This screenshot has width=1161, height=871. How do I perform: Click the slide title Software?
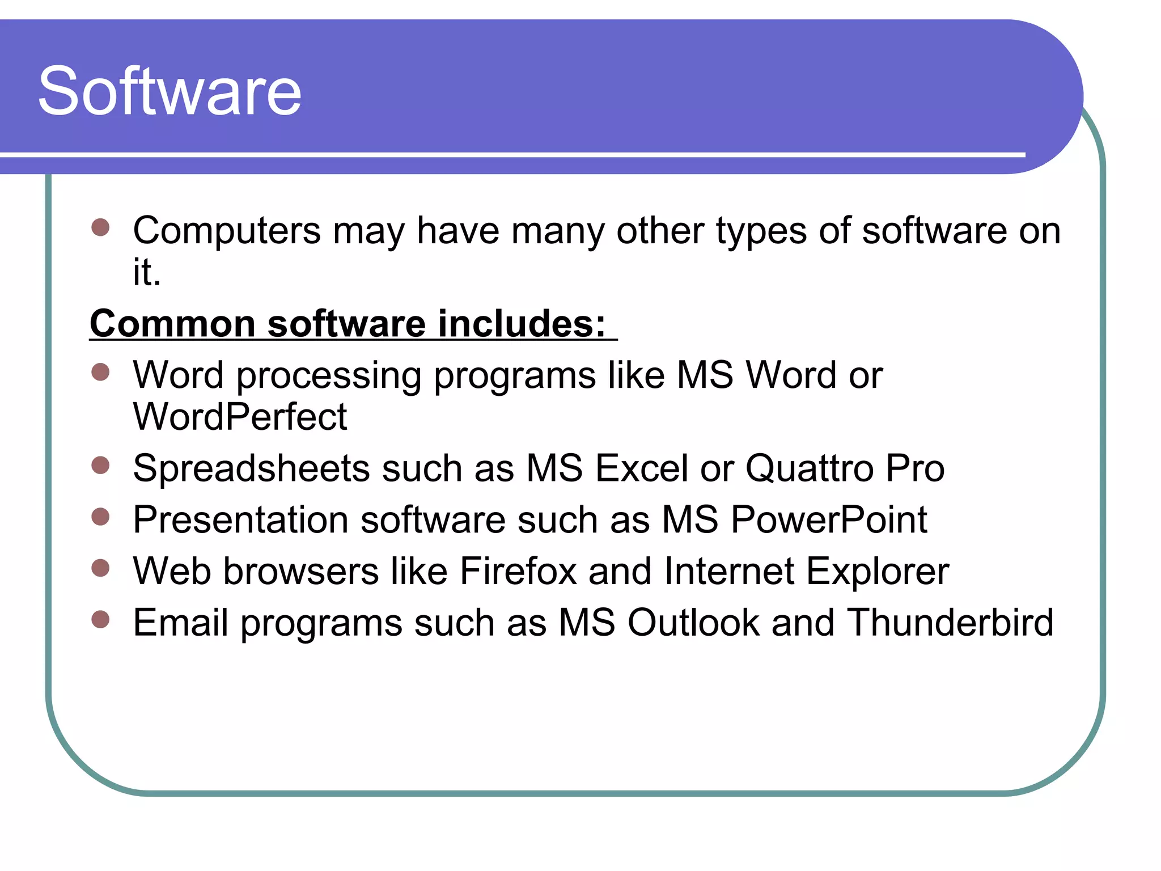[x=170, y=91]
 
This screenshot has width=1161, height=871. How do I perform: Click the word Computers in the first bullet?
[x=227, y=231]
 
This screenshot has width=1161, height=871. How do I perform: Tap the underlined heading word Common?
[x=172, y=324]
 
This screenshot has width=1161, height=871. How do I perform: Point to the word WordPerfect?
[x=239, y=417]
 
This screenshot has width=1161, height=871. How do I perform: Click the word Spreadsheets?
[x=251, y=469]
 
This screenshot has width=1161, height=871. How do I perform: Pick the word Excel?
[x=642, y=469]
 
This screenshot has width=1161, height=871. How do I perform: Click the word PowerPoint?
[x=829, y=520]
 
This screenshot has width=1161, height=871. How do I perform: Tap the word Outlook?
[x=693, y=623]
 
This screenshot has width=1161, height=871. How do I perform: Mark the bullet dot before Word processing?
[x=100, y=372]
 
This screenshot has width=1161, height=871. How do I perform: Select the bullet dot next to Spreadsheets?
[x=100, y=465]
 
